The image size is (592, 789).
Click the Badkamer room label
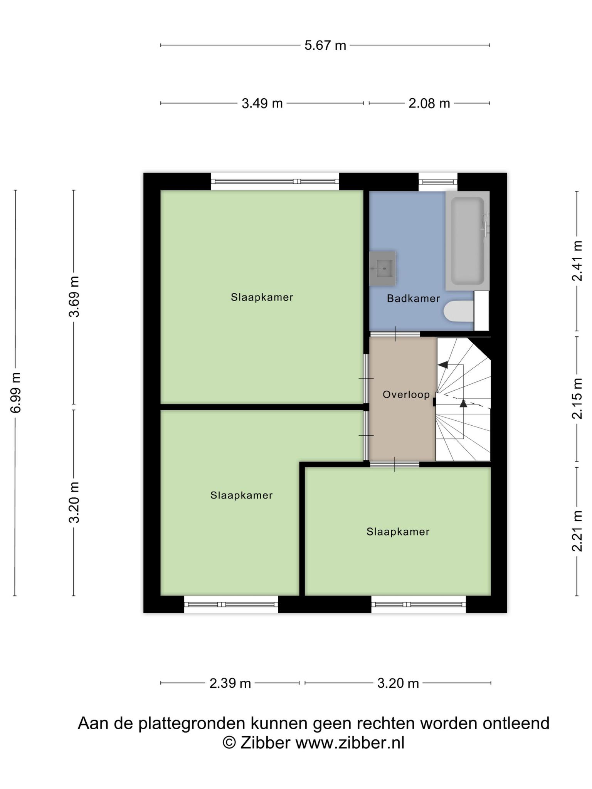click(413, 298)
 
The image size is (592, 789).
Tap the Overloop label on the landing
click(406, 394)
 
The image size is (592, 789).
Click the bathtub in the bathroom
click(468, 241)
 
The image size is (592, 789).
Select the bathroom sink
click(383, 268)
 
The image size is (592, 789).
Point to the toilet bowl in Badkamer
click(459, 311)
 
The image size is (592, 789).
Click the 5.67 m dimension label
click(325, 45)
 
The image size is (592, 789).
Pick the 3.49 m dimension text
click(262, 103)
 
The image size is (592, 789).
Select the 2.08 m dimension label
click(429, 103)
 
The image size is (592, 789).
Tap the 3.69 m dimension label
click(74, 297)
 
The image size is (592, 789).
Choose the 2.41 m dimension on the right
click(577, 261)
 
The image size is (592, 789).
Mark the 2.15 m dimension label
click(577, 398)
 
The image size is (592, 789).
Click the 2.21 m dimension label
click(577, 531)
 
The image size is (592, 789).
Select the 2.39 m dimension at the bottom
click(230, 683)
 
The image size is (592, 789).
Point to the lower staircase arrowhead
click(463, 403)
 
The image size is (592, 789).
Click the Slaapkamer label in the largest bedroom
click(262, 297)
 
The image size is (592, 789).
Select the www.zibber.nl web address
click(350, 742)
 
